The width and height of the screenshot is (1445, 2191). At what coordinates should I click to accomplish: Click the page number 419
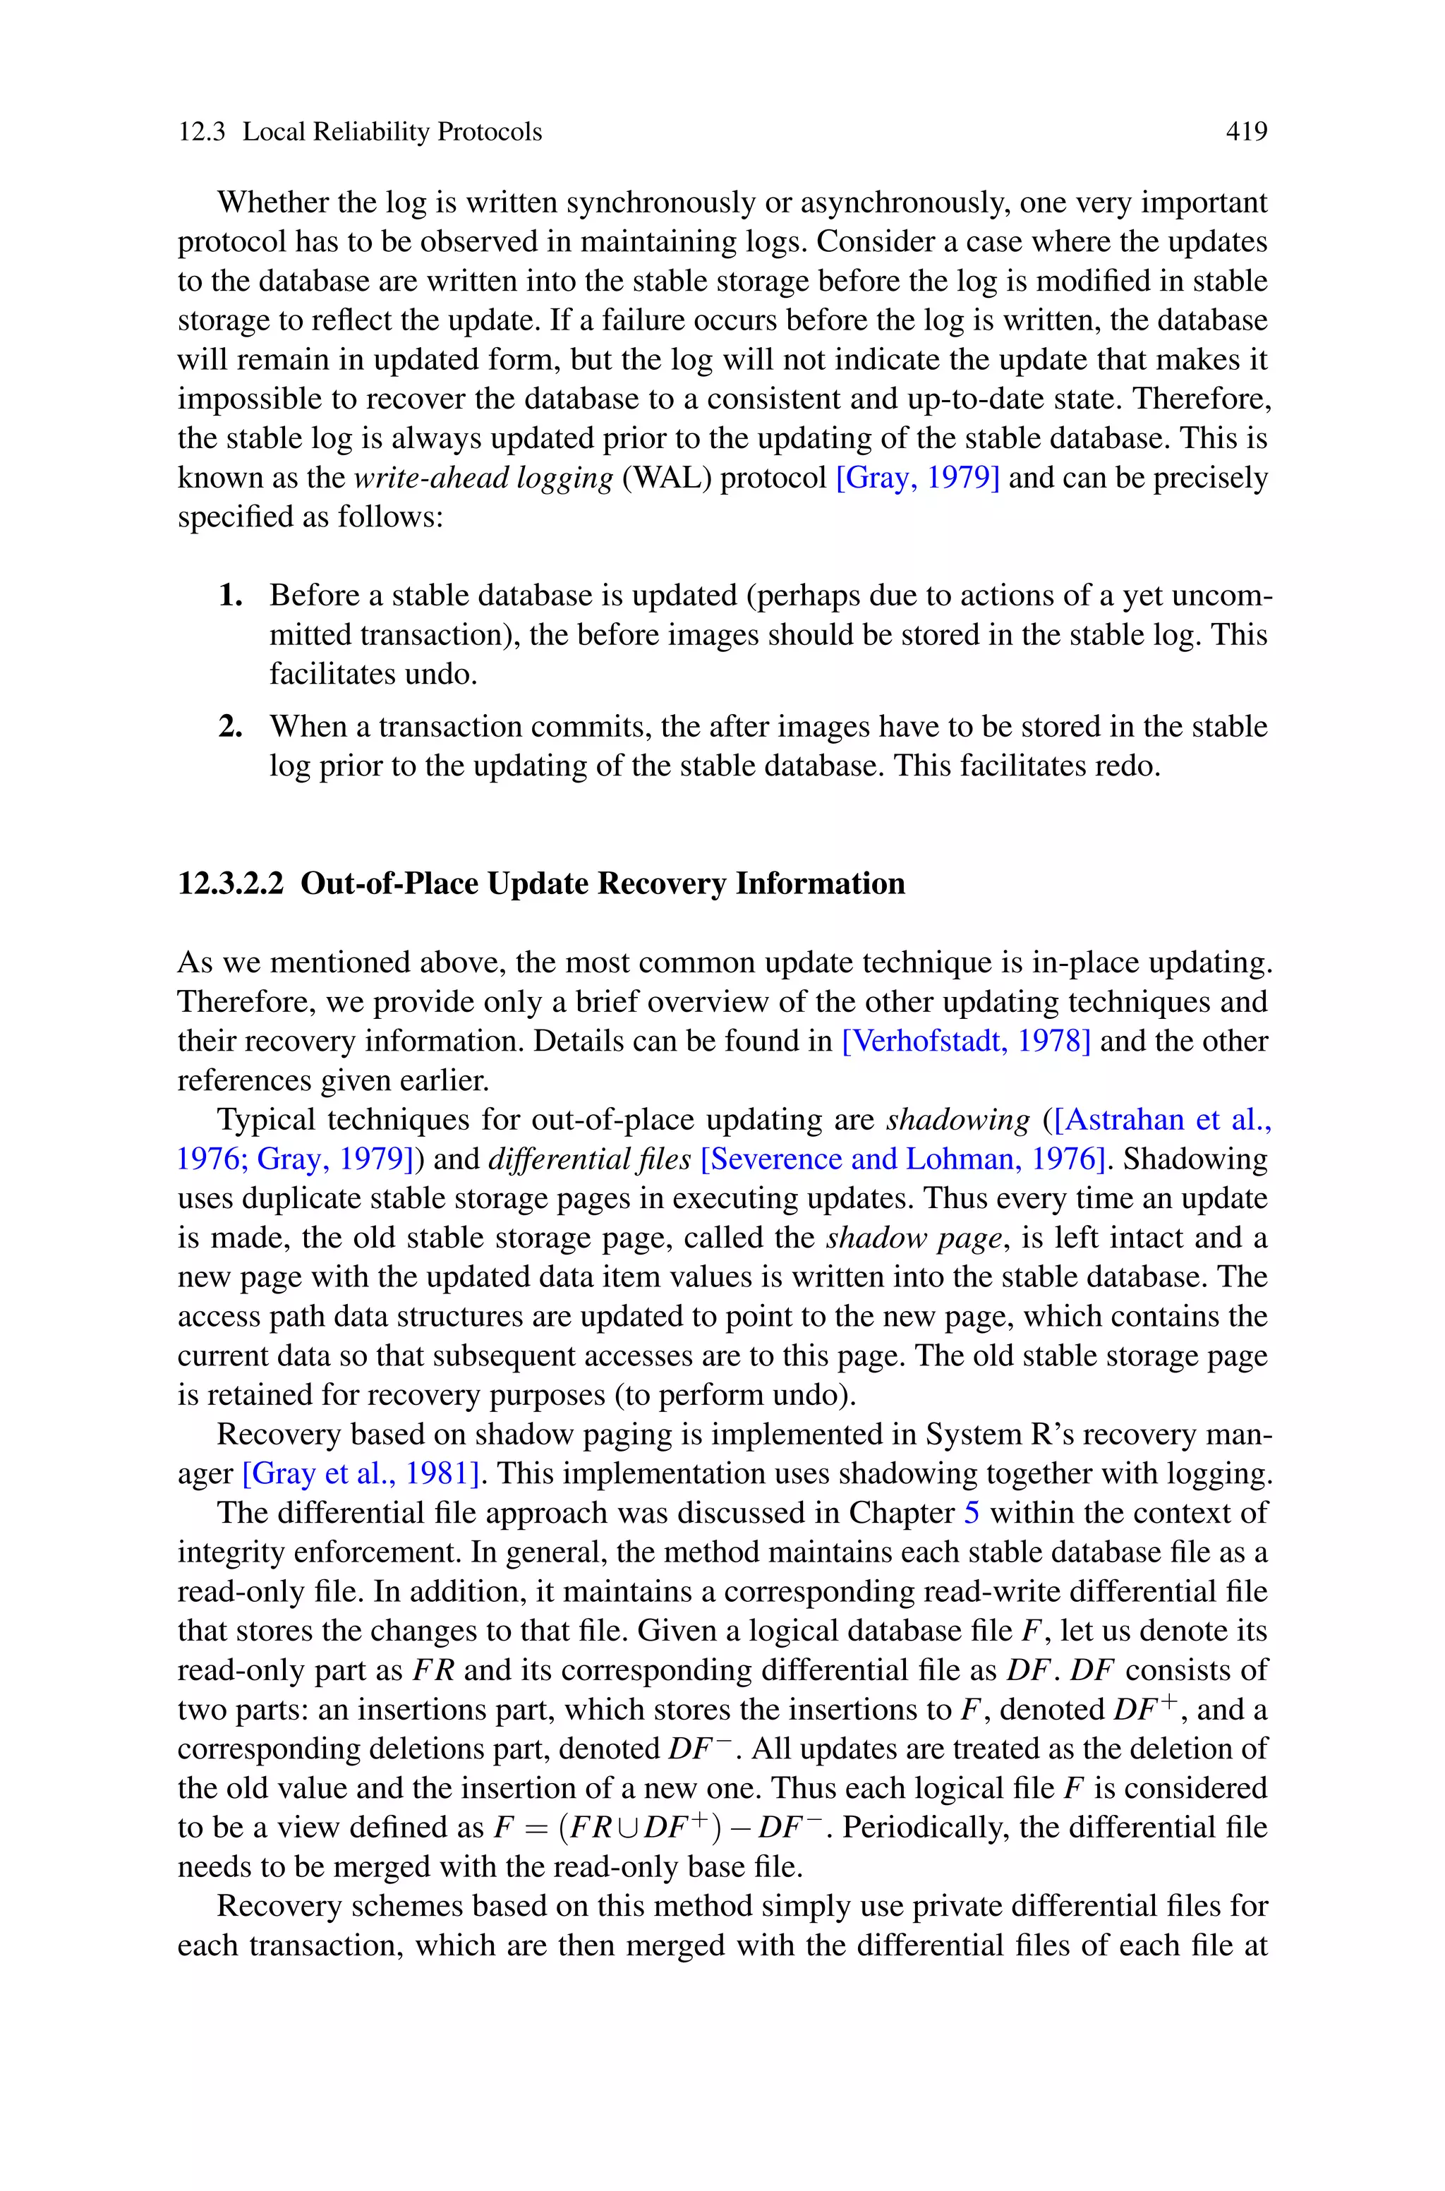(1246, 132)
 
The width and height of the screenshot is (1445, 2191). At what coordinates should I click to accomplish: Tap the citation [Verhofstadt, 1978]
(966, 1041)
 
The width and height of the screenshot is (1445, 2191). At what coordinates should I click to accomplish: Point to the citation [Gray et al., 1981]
(361, 1473)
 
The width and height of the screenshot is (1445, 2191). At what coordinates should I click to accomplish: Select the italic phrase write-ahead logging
(483, 478)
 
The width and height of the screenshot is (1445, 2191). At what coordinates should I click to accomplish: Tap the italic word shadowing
(957, 1119)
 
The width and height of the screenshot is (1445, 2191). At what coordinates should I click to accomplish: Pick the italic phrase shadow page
(912, 1238)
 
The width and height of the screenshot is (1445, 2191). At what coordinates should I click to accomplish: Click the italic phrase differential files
(589, 1159)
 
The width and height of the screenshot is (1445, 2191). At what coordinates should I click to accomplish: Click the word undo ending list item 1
(443, 675)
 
